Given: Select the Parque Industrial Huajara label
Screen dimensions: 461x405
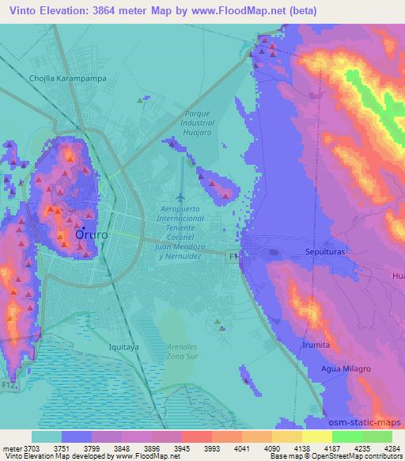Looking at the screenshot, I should (199, 124).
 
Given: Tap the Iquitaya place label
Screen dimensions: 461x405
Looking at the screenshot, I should (123, 347).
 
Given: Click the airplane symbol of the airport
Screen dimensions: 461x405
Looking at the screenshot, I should (180, 196).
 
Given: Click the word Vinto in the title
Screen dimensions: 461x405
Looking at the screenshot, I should (21, 11).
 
